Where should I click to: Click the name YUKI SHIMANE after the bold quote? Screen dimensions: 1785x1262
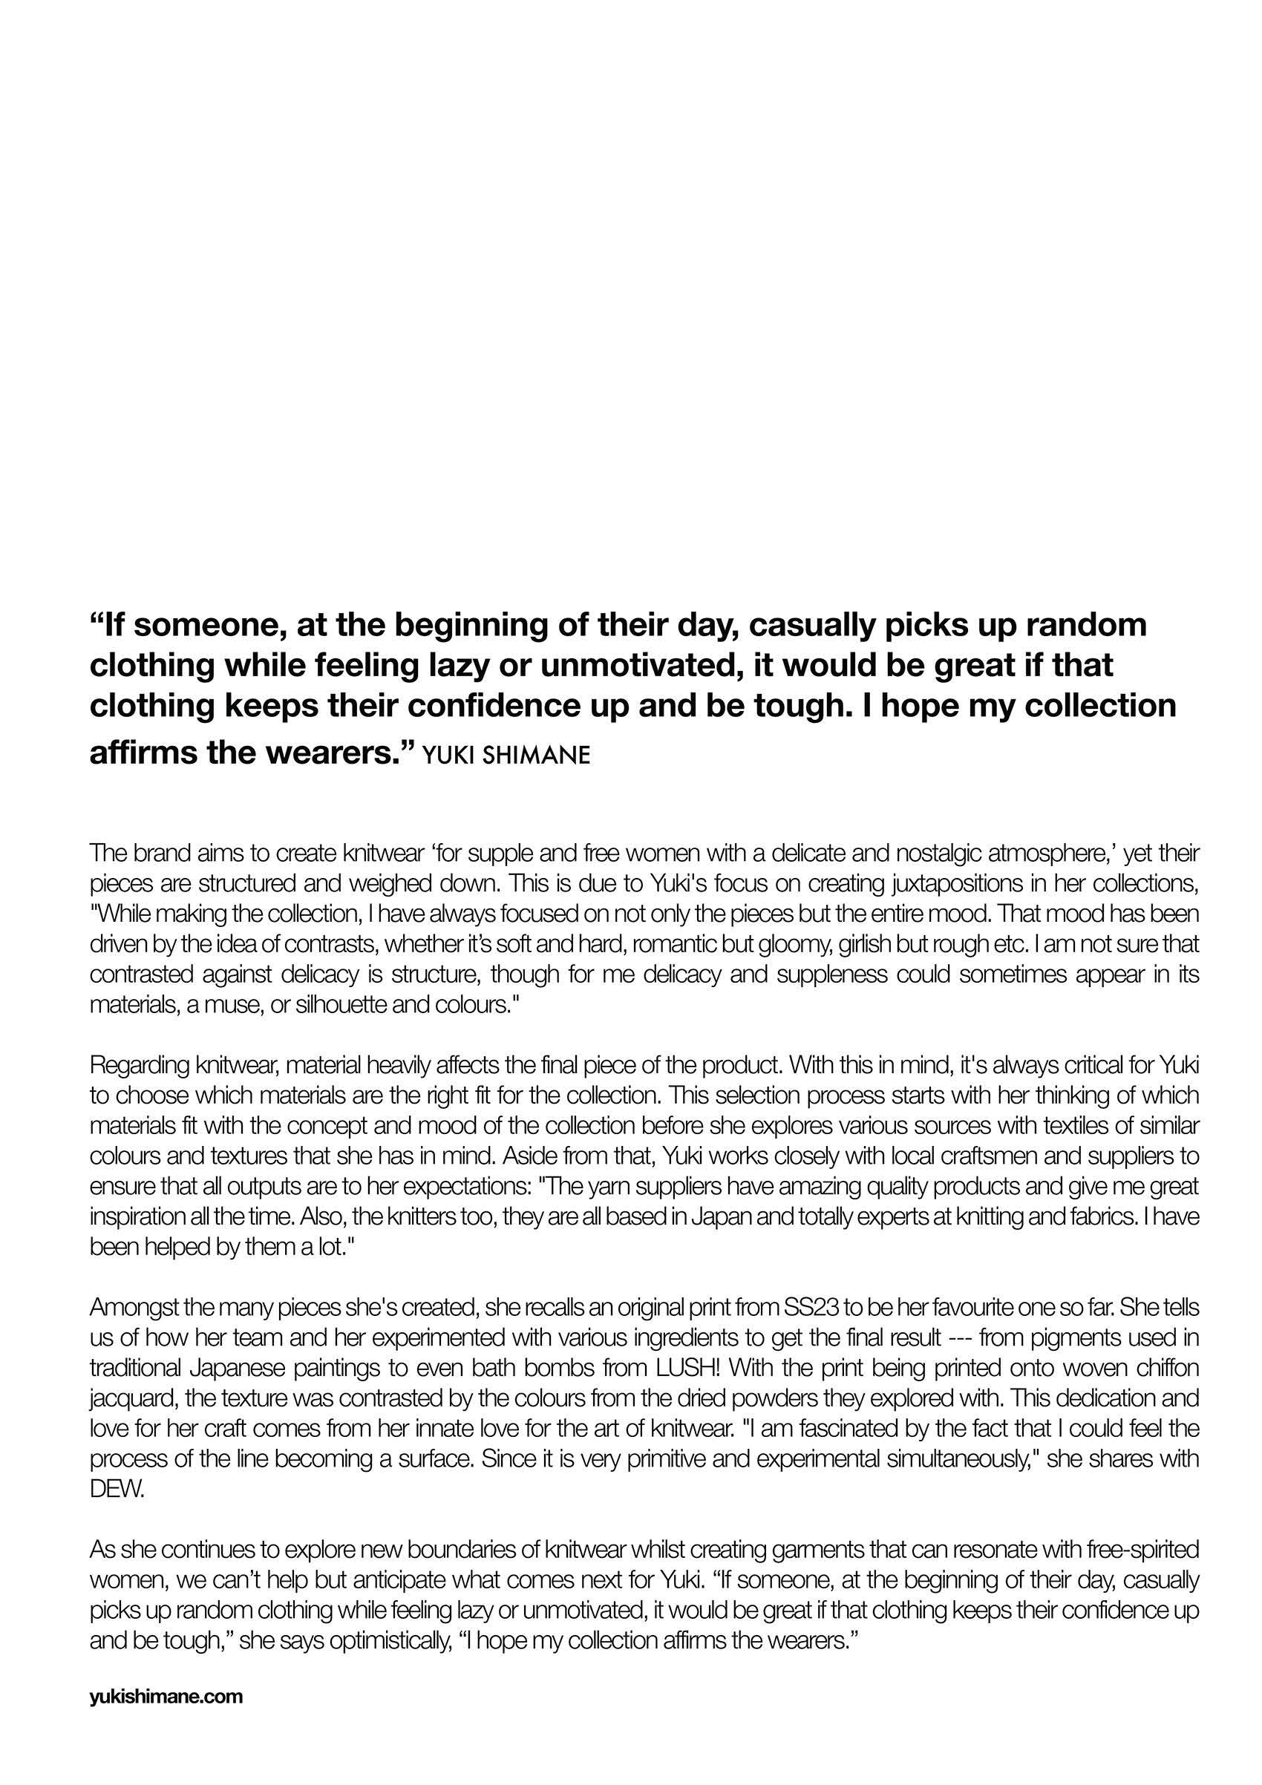point(506,756)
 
